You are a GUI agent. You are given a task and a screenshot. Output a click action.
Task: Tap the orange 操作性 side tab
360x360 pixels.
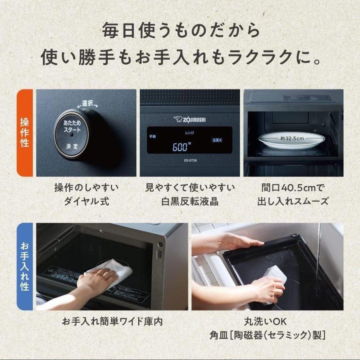tap(25, 133)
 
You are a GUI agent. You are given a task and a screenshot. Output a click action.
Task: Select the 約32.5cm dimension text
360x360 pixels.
tap(292, 138)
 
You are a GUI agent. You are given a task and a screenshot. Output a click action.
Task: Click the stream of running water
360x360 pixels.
tap(318, 256)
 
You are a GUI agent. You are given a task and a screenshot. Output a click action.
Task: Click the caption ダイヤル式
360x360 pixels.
tap(86, 202)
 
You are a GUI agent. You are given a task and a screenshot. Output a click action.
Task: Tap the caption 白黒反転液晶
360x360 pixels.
tap(190, 202)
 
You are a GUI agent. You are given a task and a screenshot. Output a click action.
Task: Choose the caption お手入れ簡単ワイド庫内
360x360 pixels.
tap(112, 321)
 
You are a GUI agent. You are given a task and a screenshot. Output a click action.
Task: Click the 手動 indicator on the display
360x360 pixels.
tap(153, 137)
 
